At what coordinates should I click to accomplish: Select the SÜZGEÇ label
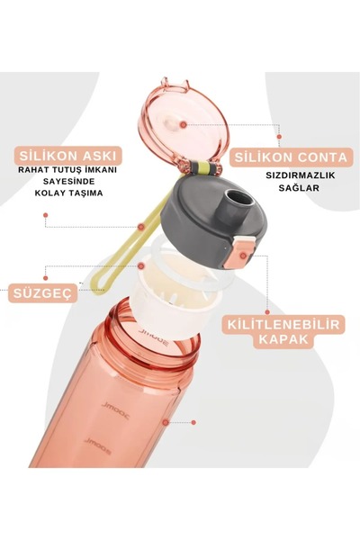tap(43, 292)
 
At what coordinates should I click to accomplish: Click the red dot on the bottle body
tap(166, 420)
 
